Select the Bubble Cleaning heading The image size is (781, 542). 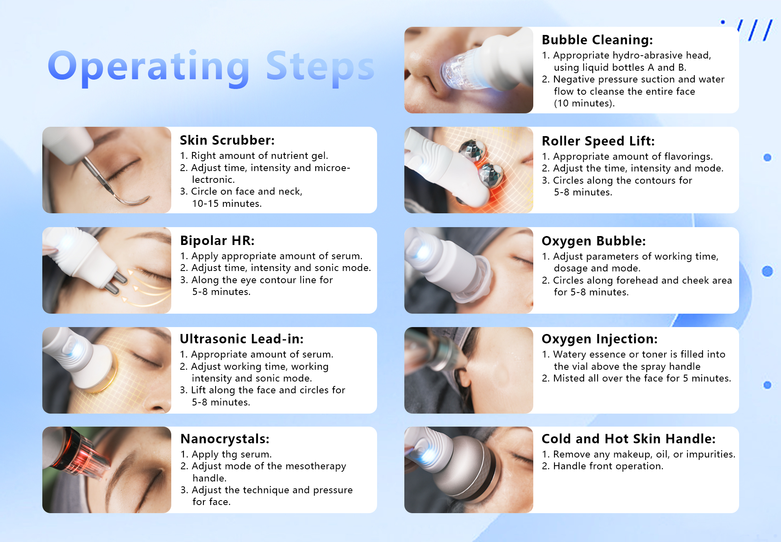[x=597, y=40]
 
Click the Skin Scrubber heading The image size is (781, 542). [x=227, y=140]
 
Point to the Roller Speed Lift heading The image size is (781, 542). [x=598, y=141]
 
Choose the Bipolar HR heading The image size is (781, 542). [x=217, y=241]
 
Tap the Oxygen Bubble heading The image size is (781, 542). [x=593, y=241]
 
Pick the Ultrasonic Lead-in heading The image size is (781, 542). [x=242, y=339]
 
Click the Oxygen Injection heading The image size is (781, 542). [x=600, y=339]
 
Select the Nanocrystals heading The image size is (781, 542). [x=225, y=439]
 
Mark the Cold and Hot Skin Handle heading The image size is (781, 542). [x=628, y=439]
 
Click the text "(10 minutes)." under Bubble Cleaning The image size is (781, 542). [x=584, y=103]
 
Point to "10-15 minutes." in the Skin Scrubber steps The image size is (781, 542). [x=227, y=203]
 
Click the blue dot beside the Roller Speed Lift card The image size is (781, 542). [x=767, y=157]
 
